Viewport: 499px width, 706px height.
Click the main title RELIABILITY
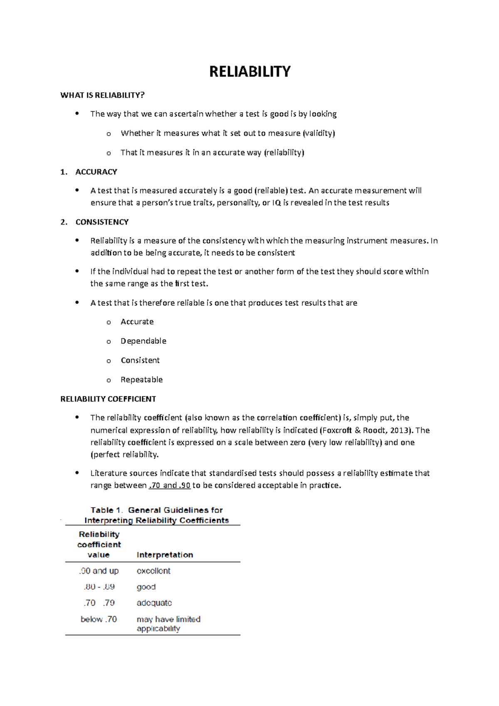(x=249, y=72)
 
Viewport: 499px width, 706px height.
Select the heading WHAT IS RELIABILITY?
(x=102, y=95)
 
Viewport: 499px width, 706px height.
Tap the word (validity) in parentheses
(x=319, y=133)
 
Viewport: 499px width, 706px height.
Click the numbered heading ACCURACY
(x=96, y=172)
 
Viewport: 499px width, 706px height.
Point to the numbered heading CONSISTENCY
(x=102, y=222)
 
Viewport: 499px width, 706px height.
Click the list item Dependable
(x=143, y=341)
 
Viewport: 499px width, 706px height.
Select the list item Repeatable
(x=141, y=380)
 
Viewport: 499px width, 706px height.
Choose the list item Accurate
(x=137, y=322)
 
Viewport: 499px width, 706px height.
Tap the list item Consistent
(x=140, y=360)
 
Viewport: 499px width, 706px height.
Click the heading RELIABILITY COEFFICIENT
(x=108, y=399)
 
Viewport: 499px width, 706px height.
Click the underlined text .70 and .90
(x=169, y=486)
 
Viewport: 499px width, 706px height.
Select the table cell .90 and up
(x=99, y=571)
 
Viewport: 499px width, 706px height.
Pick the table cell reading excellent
(x=153, y=571)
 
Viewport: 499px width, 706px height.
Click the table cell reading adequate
(x=154, y=603)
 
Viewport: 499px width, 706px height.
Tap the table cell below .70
(x=99, y=619)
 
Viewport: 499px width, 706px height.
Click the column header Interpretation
(x=165, y=555)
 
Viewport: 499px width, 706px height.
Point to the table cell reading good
(x=146, y=587)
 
